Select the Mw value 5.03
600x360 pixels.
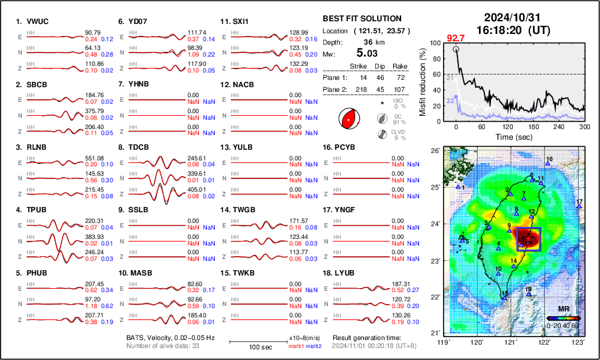pyautogui.click(x=368, y=52)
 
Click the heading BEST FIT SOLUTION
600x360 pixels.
pyautogui.click(x=361, y=19)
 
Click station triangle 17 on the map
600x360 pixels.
pyautogui.click(x=579, y=207)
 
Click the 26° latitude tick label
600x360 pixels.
pyautogui.click(x=436, y=151)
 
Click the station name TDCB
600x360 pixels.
pyautogui.click(x=138, y=147)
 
